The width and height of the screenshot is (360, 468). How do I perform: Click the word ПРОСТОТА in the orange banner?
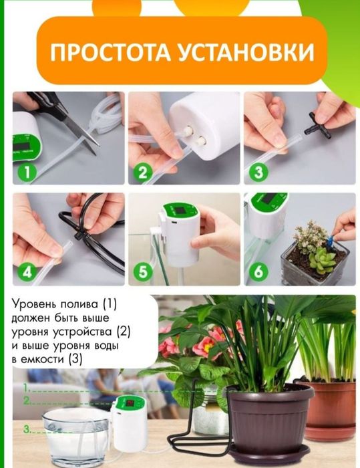pos(110,52)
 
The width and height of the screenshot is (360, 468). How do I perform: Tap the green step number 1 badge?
pos(27,172)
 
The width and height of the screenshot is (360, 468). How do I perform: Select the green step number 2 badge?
pos(142,172)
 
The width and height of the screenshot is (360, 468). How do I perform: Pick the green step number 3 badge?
pos(258,172)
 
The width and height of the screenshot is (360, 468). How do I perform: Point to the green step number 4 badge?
pos(27,271)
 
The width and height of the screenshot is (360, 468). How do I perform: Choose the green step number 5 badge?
pos(142,271)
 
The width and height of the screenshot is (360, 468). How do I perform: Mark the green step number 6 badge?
pos(258,271)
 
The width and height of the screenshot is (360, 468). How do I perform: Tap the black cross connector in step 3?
pos(318,127)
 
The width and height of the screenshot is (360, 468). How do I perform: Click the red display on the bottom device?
pos(130,404)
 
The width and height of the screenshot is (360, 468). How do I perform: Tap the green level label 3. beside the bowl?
pos(27,429)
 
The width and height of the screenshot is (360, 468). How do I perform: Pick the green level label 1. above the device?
pos(27,388)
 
